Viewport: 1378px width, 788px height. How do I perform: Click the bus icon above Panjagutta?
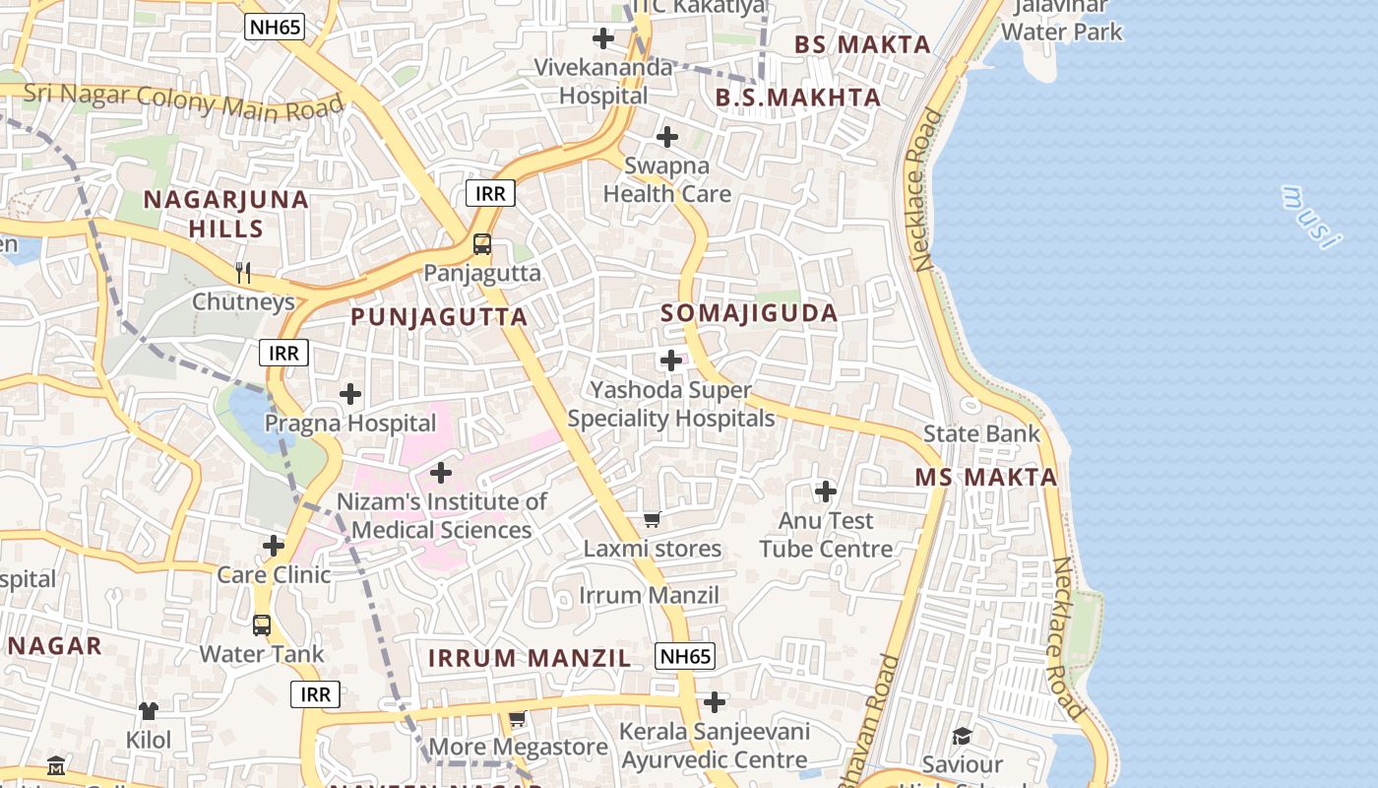(482, 244)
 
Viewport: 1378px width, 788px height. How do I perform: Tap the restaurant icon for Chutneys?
(244, 272)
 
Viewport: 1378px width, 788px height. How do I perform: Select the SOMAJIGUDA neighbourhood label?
(749, 313)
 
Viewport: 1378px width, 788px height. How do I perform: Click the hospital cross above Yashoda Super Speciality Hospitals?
(671, 361)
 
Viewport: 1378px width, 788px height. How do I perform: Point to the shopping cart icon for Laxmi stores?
(652, 519)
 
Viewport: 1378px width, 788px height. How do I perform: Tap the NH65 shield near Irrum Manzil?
(684, 656)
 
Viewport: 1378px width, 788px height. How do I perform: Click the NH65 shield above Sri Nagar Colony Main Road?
(275, 28)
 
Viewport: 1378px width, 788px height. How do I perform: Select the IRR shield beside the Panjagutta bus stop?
(490, 193)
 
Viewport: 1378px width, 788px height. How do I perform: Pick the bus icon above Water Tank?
(262, 624)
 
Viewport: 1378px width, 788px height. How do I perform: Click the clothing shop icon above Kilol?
(149, 710)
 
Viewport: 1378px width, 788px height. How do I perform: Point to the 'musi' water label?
(1312, 216)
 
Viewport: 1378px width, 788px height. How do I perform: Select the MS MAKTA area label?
(986, 478)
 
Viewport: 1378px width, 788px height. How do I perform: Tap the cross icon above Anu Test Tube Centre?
(826, 491)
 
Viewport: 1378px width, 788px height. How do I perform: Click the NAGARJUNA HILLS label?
(226, 214)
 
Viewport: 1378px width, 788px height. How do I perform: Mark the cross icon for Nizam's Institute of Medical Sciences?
(441, 474)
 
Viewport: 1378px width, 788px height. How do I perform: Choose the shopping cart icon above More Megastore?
(518, 719)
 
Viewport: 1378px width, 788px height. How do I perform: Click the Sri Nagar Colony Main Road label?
(184, 100)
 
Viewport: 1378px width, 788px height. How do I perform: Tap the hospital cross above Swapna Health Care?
(667, 137)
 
